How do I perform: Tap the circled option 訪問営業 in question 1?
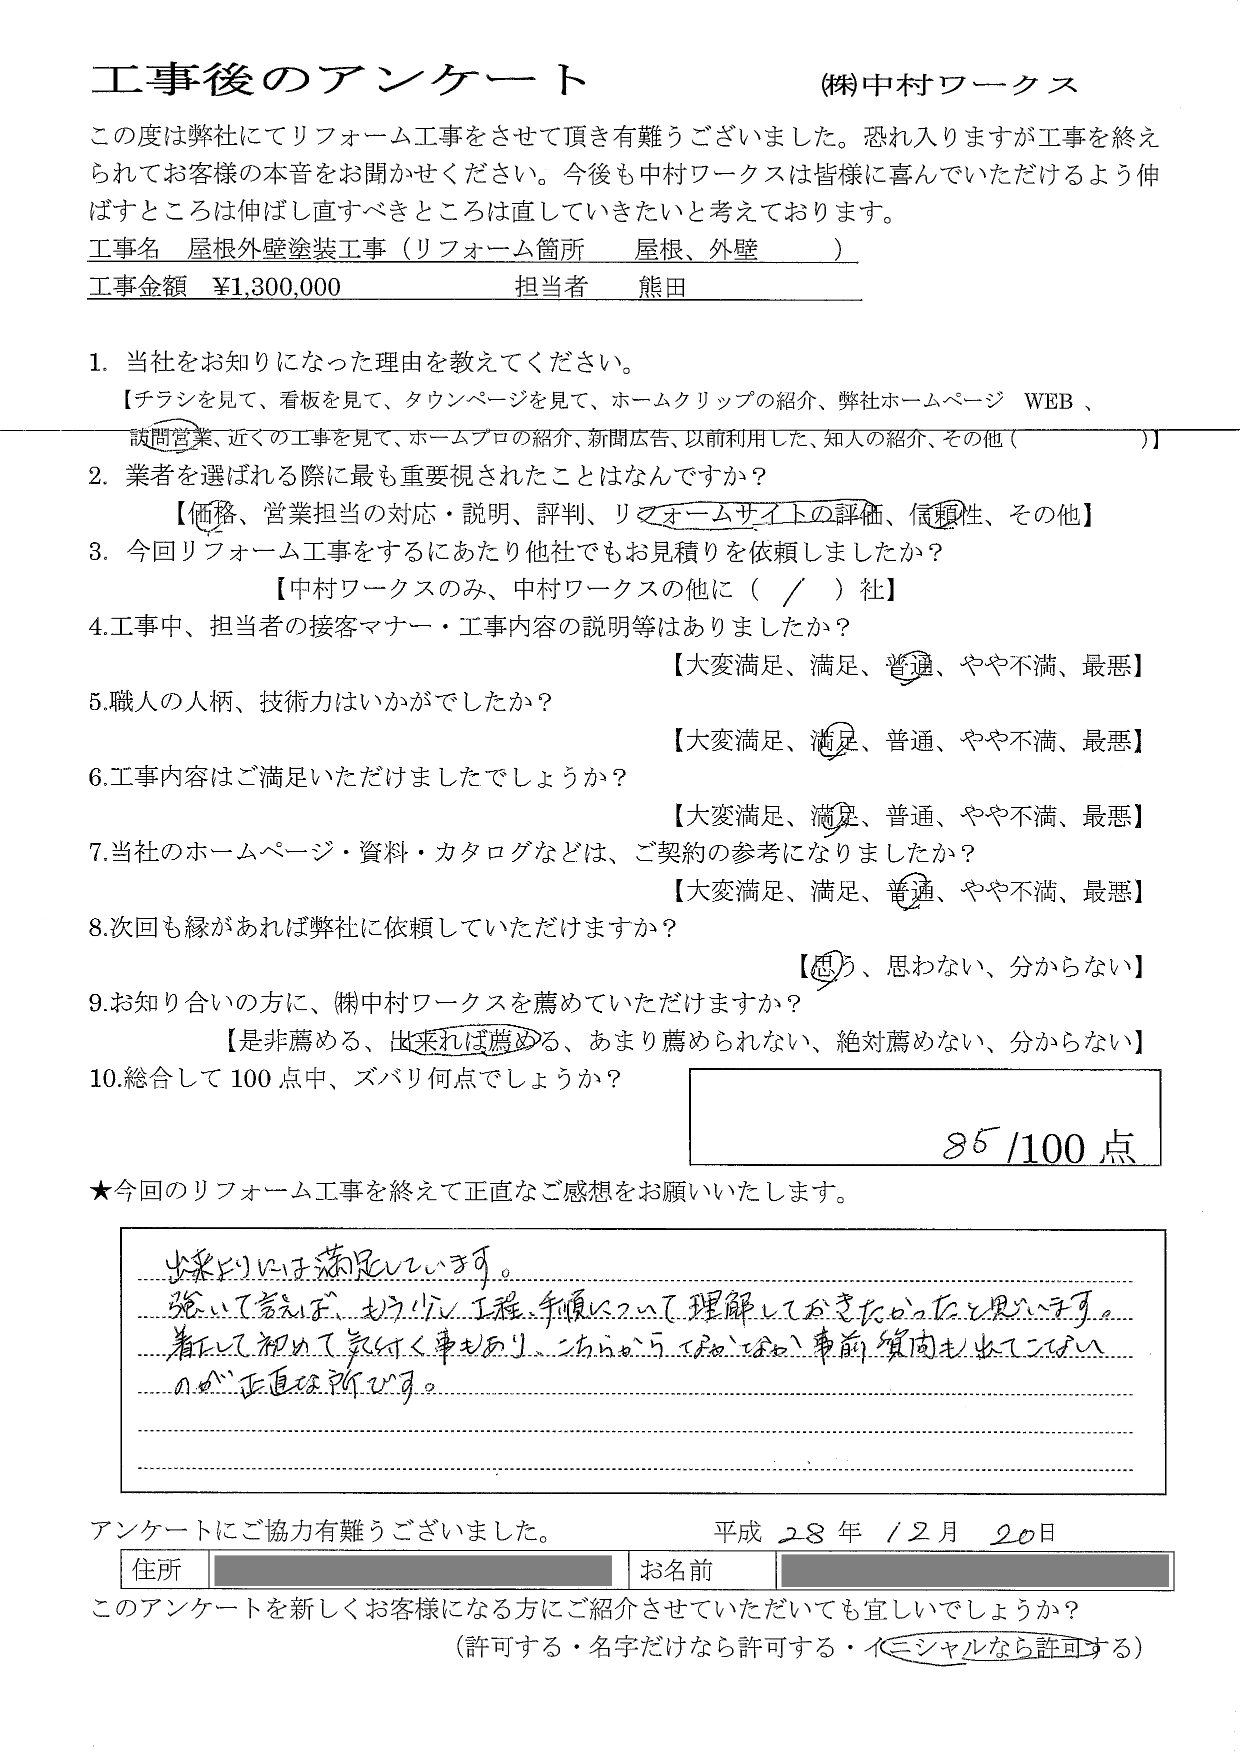(x=169, y=437)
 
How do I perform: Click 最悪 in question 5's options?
(x=1106, y=740)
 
